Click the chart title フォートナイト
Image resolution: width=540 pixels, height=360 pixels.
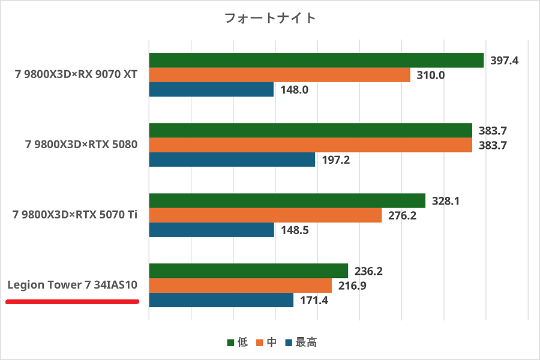pyautogui.click(x=269, y=18)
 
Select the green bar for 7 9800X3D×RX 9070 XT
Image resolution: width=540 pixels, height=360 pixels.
pyautogui.click(x=316, y=60)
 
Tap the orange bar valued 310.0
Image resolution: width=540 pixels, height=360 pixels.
pyautogui.click(x=280, y=75)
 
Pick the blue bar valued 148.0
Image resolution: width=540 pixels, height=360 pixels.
pyautogui.click(x=211, y=89)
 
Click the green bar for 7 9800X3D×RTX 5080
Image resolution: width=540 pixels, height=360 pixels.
pyautogui.click(x=310, y=130)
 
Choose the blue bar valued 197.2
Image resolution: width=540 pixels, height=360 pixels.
pyautogui.click(x=232, y=160)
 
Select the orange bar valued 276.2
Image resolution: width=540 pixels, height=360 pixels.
pyautogui.click(x=265, y=215)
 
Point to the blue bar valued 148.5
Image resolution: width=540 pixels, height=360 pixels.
pyautogui.click(x=211, y=230)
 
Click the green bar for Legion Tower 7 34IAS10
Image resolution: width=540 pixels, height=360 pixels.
pyautogui.click(x=248, y=271)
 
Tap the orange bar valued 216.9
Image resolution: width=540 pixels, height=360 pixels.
pyautogui.click(x=240, y=285)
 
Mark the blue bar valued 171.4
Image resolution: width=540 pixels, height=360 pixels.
pyautogui.click(x=221, y=300)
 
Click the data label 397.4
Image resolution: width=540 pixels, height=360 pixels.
pyautogui.click(x=504, y=61)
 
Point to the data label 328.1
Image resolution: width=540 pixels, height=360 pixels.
pyautogui.click(x=446, y=201)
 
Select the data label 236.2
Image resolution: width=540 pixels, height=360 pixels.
pyautogui.click(x=368, y=271)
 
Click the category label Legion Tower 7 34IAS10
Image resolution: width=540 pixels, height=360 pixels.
pyautogui.click(x=73, y=285)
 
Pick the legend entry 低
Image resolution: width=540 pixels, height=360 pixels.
pyautogui.click(x=238, y=343)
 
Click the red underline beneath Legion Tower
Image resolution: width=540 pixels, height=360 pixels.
pyautogui.click(x=73, y=301)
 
